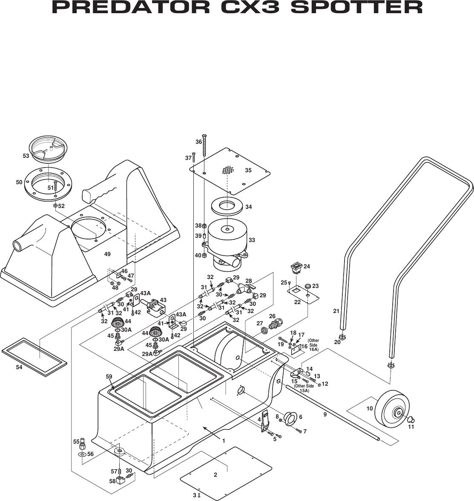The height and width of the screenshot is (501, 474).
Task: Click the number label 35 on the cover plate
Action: click(x=248, y=170)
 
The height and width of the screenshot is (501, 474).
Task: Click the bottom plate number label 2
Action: click(x=215, y=475)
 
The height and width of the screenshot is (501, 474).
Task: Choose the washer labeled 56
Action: click(x=81, y=454)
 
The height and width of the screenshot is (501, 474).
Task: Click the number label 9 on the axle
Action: click(x=325, y=414)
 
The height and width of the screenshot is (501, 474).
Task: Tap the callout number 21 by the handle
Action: click(x=336, y=311)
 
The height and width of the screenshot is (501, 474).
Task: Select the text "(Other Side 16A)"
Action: click(x=313, y=345)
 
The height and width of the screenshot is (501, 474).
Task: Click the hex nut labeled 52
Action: click(x=55, y=205)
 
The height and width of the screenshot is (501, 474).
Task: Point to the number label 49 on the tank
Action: click(x=107, y=254)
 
